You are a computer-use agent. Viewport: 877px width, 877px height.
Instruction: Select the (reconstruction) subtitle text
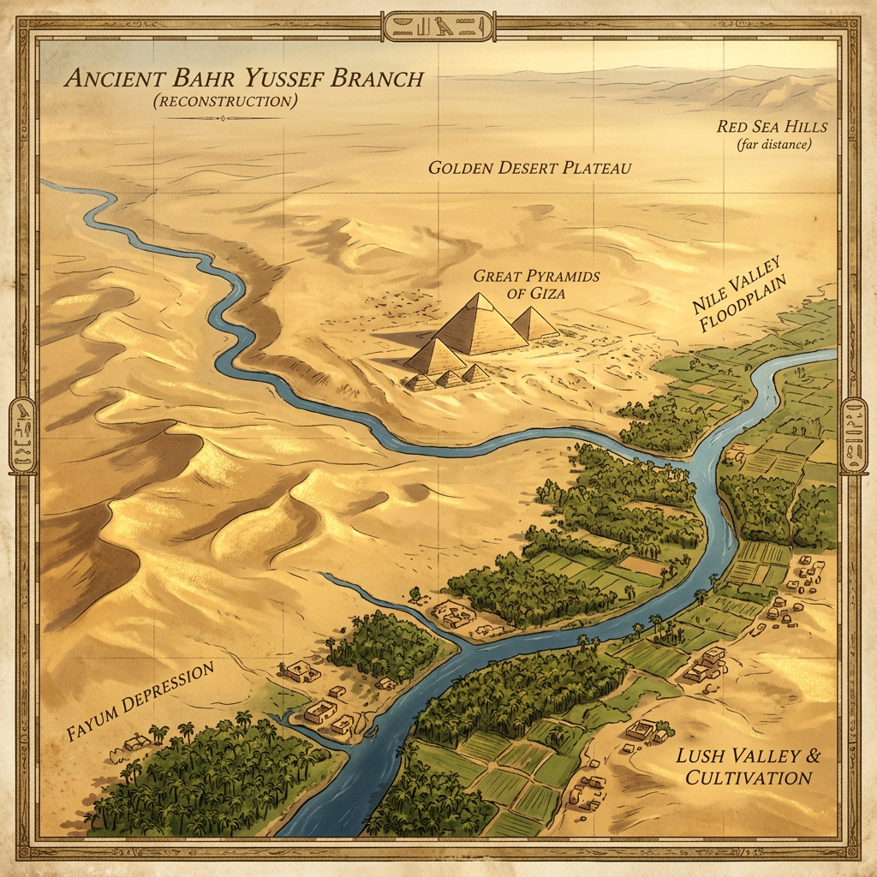click(x=224, y=101)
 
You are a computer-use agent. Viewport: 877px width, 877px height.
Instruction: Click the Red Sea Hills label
click(x=773, y=127)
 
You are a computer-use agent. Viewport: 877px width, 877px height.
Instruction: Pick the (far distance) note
click(x=773, y=144)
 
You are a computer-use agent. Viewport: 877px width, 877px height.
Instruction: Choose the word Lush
click(x=698, y=757)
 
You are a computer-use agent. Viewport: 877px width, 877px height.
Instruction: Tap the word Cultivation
click(x=743, y=778)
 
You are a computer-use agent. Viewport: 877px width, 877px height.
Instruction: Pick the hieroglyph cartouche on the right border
click(x=855, y=434)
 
